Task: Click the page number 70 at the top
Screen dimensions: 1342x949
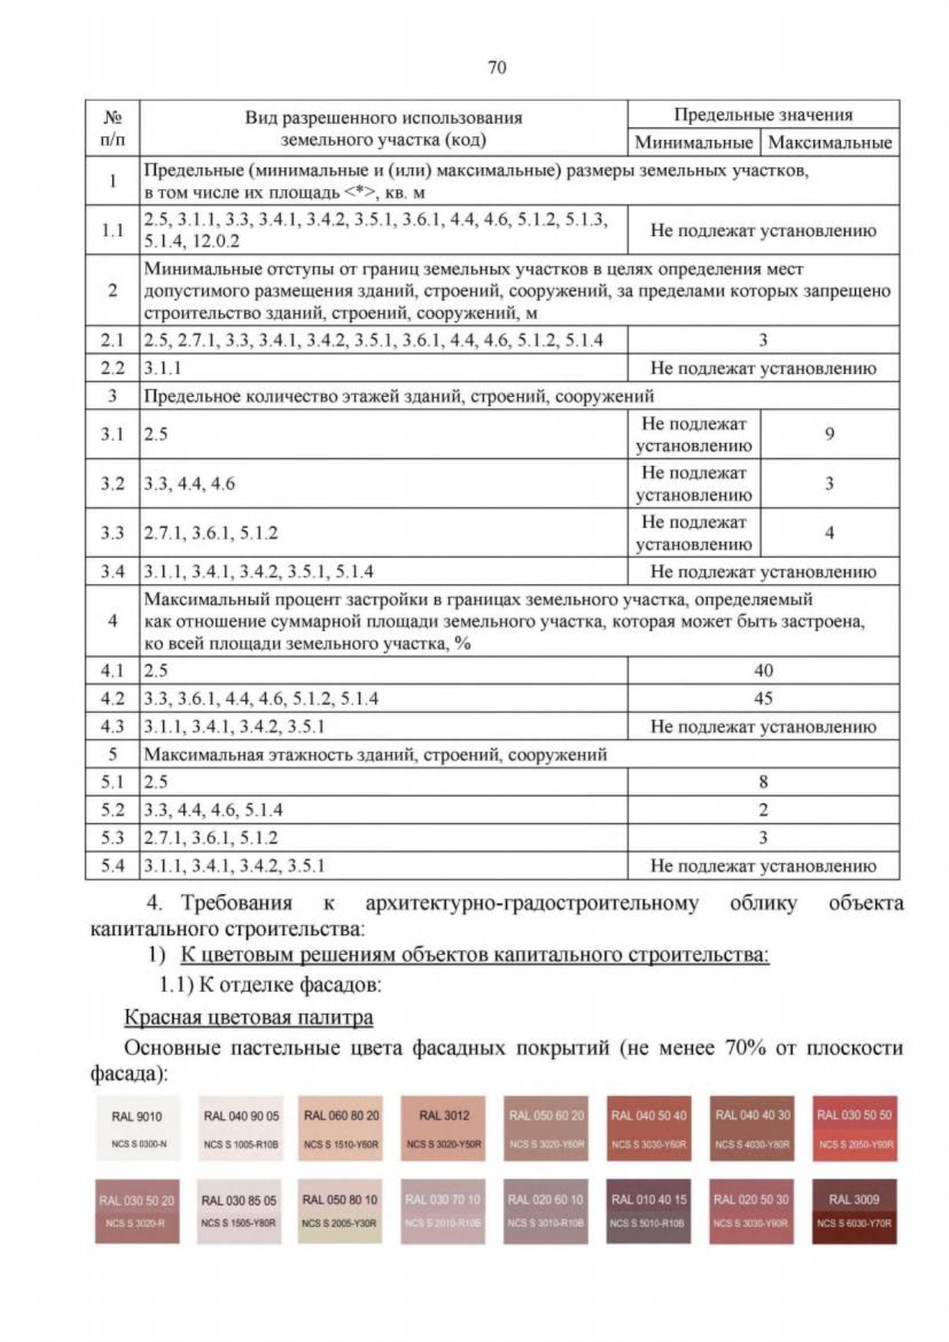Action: [497, 67]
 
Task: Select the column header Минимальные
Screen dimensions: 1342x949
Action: [694, 142]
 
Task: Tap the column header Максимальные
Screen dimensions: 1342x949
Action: [830, 142]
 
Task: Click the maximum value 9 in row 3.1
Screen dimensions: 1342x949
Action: [830, 434]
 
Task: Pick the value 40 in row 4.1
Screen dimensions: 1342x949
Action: [763, 671]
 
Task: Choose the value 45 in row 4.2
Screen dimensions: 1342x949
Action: [763, 699]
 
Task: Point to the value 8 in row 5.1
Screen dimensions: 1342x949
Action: [763, 783]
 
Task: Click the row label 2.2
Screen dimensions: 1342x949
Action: [112, 368]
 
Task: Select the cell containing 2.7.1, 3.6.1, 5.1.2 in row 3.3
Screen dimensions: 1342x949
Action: [211, 533]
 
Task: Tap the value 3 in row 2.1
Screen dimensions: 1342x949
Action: [763, 340]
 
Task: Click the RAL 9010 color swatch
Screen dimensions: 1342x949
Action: [137, 1128]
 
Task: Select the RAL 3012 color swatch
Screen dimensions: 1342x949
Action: [444, 1128]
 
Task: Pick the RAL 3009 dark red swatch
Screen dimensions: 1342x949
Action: [854, 1211]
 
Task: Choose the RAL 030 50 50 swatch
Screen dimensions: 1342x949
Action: [854, 1128]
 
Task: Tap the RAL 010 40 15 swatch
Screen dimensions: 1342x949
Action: [648, 1211]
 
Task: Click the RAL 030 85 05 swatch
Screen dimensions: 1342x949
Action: [239, 1211]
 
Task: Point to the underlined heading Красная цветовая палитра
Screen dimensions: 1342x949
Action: [248, 1018]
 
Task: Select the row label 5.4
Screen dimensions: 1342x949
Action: [112, 866]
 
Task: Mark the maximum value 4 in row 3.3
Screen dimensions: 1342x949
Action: [830, 533]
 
